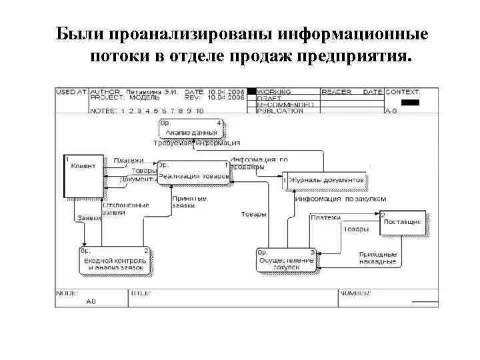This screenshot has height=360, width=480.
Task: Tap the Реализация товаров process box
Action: tap(194, 172)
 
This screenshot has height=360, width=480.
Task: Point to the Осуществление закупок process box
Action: tap(287, 260)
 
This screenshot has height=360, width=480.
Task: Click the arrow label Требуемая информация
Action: tap(197, 143)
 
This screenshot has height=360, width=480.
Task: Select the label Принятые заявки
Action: tap(183, 202)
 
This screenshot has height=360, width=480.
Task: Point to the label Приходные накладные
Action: tap(378, 258)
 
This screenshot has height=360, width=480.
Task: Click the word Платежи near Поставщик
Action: tap(325, 217)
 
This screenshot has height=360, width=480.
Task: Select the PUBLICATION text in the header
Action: tap(280, 111)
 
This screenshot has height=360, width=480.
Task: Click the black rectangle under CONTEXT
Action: tap(411, 103)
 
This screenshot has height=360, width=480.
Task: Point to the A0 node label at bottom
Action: tap(91, 301)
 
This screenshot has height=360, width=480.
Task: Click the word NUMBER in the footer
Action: tap(355, 292)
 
